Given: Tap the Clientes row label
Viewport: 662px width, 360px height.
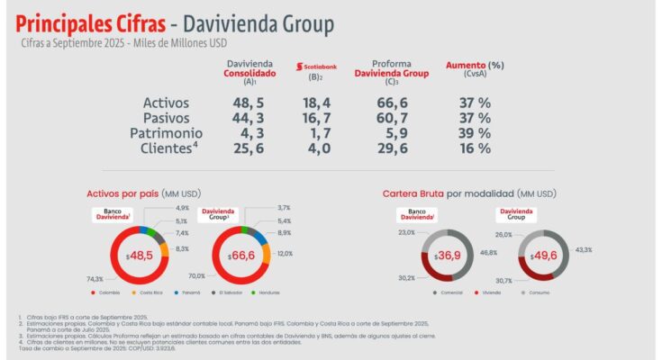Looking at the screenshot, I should point(168,148).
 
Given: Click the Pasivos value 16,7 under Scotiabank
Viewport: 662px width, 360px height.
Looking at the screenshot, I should point(318,118).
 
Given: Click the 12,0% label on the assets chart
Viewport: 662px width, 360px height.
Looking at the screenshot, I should point(285,254).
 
